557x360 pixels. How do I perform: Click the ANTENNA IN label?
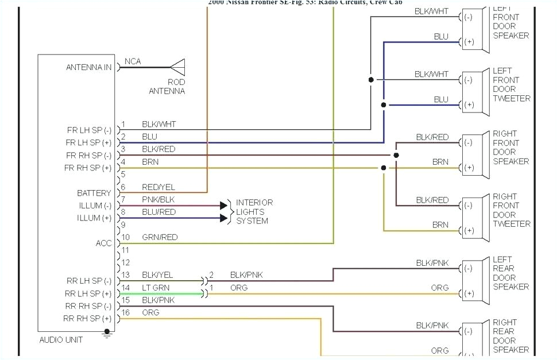click(88, 67)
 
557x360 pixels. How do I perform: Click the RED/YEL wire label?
click(158, 187)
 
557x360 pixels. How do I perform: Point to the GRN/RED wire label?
click(160, 237)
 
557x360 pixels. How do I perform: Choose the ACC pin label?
click(103, 243)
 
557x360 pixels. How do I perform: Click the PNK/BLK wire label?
click(158, 200)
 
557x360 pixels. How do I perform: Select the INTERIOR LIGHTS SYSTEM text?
click(254, 212)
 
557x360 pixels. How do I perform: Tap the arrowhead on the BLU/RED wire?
click(224, 218)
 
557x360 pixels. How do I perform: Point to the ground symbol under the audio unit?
click(106, 334)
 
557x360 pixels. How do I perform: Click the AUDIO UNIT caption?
click(61, 339)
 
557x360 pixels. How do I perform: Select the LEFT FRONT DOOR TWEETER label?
click(511, 84)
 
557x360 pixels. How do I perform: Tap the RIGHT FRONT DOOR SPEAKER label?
click(510, 148)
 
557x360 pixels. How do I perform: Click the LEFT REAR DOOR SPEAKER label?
click(510, 273)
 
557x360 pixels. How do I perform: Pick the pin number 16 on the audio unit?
click(125, 312)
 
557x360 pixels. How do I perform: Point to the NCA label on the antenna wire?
click(132, 61)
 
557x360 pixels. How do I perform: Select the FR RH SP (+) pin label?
click(88, 168)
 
